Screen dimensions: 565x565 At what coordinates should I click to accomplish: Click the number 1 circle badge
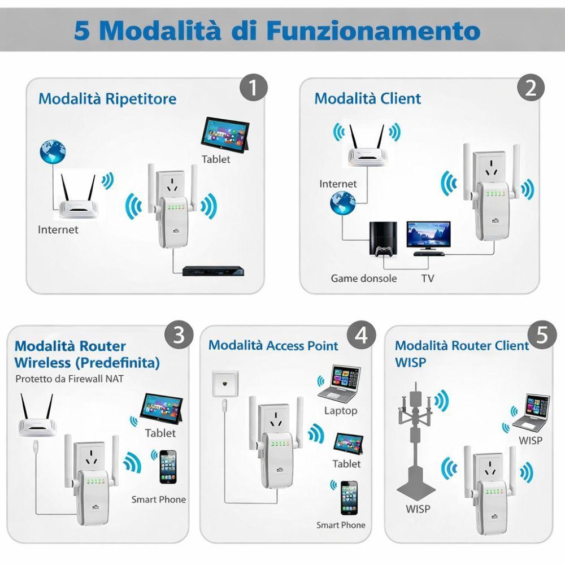pos(253,89)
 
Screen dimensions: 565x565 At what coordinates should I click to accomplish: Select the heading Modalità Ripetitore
pos(107,99)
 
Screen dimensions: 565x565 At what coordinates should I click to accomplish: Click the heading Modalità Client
pos(367,98)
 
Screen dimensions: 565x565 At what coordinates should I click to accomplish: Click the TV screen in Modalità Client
pos(429,236)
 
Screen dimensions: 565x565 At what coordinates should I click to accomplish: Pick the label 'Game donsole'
pos(364,279)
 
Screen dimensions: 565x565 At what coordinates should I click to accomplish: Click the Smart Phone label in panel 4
pos(341,525)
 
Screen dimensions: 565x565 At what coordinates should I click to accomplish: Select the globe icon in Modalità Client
pos(344,203)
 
